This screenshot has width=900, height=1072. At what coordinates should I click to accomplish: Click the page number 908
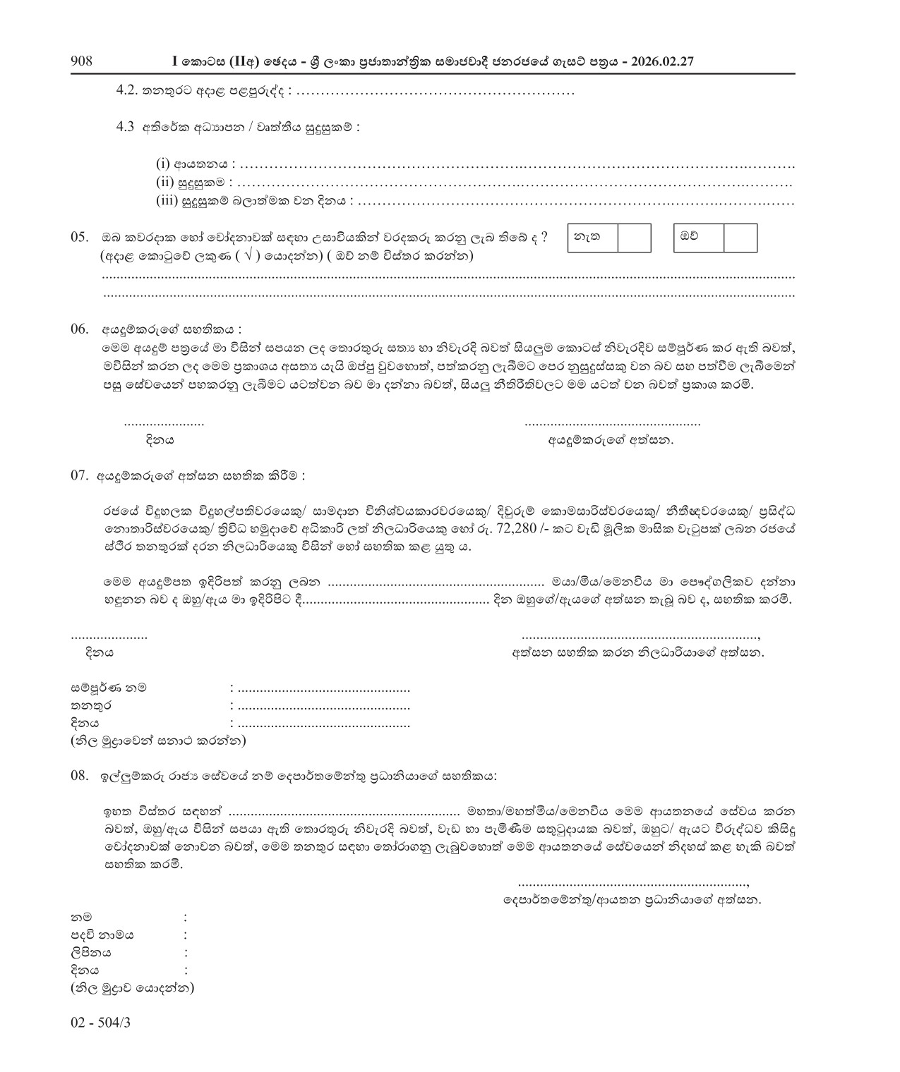coord(82,61)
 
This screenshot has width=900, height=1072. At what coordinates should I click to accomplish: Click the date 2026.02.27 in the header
coord(664,62)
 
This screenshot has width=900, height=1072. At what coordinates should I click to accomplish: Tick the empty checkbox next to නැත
coord(634,238)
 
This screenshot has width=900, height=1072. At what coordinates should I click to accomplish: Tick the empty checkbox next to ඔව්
coord(740,238)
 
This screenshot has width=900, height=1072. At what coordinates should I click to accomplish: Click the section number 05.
coord(80,238)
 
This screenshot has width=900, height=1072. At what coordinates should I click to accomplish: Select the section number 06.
coord(80,329)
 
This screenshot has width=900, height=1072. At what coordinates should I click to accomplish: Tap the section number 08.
coord(80,776)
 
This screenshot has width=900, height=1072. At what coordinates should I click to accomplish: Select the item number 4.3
coord(126,127)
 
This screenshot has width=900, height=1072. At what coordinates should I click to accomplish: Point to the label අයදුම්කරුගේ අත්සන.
coord(611,441)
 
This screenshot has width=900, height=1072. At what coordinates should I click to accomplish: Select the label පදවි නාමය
coord(102,935)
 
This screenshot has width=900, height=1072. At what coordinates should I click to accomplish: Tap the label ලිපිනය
coord(90,953)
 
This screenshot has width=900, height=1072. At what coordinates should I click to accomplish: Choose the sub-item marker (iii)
coord(167,201)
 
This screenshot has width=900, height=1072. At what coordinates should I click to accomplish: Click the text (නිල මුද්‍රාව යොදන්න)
coord(132,988)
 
